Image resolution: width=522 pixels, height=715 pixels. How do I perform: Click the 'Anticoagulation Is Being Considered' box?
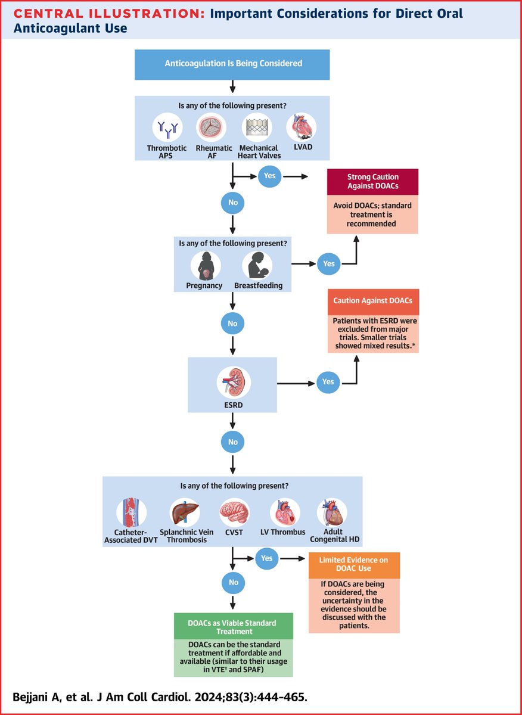pyautogui.click(x=232, y=64)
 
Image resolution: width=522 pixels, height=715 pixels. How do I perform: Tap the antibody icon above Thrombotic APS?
pyautogui.click(x=167, y=126)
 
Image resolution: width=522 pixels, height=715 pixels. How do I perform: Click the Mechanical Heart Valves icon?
pyautogui.click(x=256, y=126)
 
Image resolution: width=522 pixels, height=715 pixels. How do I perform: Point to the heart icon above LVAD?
pyautogui.click(x=301, y=126)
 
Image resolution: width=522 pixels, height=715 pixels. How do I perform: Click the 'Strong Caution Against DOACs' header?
pyautogui.click(x=372, y=182)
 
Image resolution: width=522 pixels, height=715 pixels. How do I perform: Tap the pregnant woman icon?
pyautogui.click(x=206, y=265)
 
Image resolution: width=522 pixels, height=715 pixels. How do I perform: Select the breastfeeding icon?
pyautogui.click(x=257, y=265)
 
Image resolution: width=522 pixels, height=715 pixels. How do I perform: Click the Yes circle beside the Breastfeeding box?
pyautogui.click(x=328, y=263)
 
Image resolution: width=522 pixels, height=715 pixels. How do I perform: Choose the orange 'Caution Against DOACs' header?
pyautogui.click(x=372, y=301)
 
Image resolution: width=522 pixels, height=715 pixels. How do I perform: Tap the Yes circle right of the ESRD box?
pyautogui.click(x=328, y=382)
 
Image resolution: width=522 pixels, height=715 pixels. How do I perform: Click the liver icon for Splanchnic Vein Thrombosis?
pyautogui.click(x=184, y=511)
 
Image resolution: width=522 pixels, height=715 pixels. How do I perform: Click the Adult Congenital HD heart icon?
pyautogui.click(x=331, y=511)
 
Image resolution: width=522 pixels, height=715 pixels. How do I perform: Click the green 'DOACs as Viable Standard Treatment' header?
pyautogui.click(x=234, y=626)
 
